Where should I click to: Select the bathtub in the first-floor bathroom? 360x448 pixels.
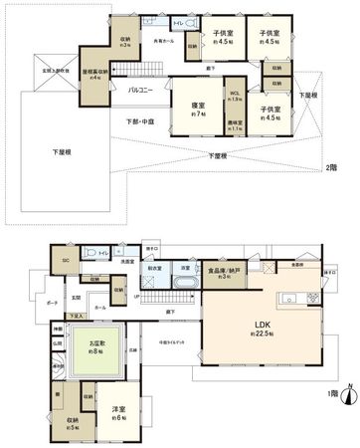tap(185, 284)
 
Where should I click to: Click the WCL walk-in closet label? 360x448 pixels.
tap(236, 98)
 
